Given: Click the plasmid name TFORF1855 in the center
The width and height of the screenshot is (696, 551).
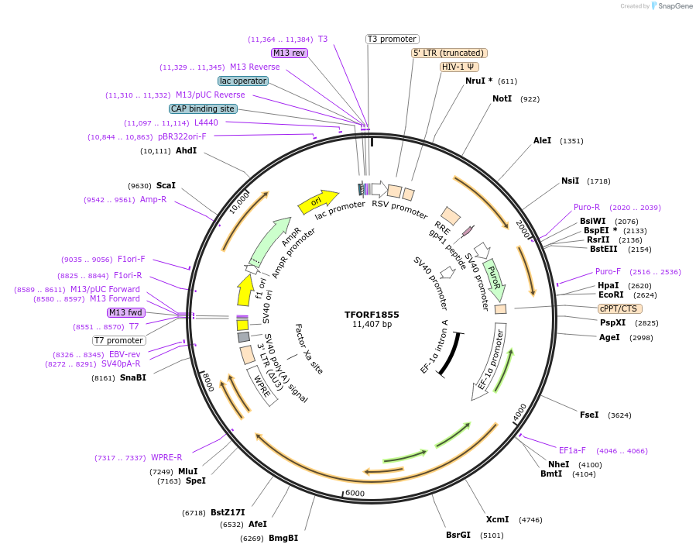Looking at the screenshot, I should pos(372,315).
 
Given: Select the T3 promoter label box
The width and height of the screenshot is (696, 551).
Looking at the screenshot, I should pos(392,39).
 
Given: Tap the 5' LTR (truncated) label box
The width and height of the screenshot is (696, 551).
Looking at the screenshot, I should pos(448,53).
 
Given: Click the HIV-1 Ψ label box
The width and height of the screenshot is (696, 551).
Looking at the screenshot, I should pos(458,67).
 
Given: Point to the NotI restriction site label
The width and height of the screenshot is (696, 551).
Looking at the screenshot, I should pos(503,98).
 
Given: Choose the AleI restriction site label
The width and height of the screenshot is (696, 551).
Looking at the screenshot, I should pos(542,140).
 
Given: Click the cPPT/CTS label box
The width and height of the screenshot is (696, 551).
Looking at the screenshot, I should pos(619,308).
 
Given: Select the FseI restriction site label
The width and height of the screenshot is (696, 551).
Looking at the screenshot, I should pos(589,415).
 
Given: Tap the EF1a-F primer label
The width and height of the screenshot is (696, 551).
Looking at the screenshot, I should pos(572,450).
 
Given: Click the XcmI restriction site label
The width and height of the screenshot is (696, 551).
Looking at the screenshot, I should pos(497,519).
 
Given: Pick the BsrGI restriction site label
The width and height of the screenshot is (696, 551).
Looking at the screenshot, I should pos(458,535).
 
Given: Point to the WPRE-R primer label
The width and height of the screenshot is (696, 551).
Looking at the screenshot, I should pos(166,457).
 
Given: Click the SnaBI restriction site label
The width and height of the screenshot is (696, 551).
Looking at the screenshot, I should pos(132,377).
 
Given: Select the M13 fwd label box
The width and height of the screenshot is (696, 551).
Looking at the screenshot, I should pos(125,312).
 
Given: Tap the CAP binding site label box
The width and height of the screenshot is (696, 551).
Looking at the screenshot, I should pos(202,108).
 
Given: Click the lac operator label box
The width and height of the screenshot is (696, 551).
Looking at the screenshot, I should pos(243,81).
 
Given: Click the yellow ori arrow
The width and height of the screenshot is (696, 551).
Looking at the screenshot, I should pos(318,200).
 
